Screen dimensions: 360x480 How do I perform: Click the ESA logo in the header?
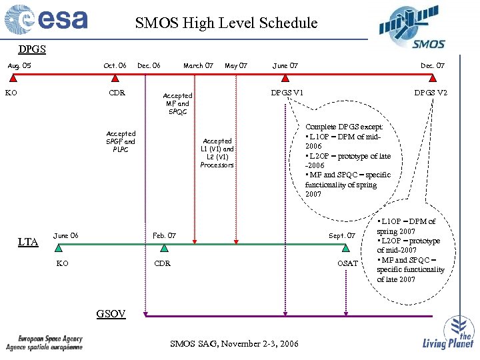pyautogui.click(x=47, y=21)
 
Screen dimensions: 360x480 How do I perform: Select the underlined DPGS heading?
pyautogui.click(x=32, y=49)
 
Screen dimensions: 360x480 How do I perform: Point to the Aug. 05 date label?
pyautogui.click(x=19, y=65)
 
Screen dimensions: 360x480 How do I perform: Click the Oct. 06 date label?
pyautogui.click(x=115, y=65)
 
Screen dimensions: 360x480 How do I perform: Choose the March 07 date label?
pyautogui.click(x=198, y=65)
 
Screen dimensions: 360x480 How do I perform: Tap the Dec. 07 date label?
pyautogui.click(x=432, y=65)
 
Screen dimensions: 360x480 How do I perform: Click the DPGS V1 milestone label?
pyautogui.click(x=287, y=92)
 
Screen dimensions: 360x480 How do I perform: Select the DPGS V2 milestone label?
pyautogui.click(x=431, y=92)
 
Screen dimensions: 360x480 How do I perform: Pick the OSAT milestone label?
pyautogui.click(x=347, y=263)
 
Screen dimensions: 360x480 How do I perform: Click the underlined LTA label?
pyautogui.click(x=28, y=242)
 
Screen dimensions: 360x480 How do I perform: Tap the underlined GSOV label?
pyautogui.click(x=111, y=313)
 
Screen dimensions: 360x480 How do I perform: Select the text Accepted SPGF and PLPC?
pyautogui.click(x=121, y=141)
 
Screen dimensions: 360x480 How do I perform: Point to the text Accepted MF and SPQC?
pyautogui.click(x=177, y=103)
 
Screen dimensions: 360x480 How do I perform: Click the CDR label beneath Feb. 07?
pyautogui.click(x=162, y=263)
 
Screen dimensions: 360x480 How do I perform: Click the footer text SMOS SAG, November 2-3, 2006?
pyautogui.click(x=234, y=343)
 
